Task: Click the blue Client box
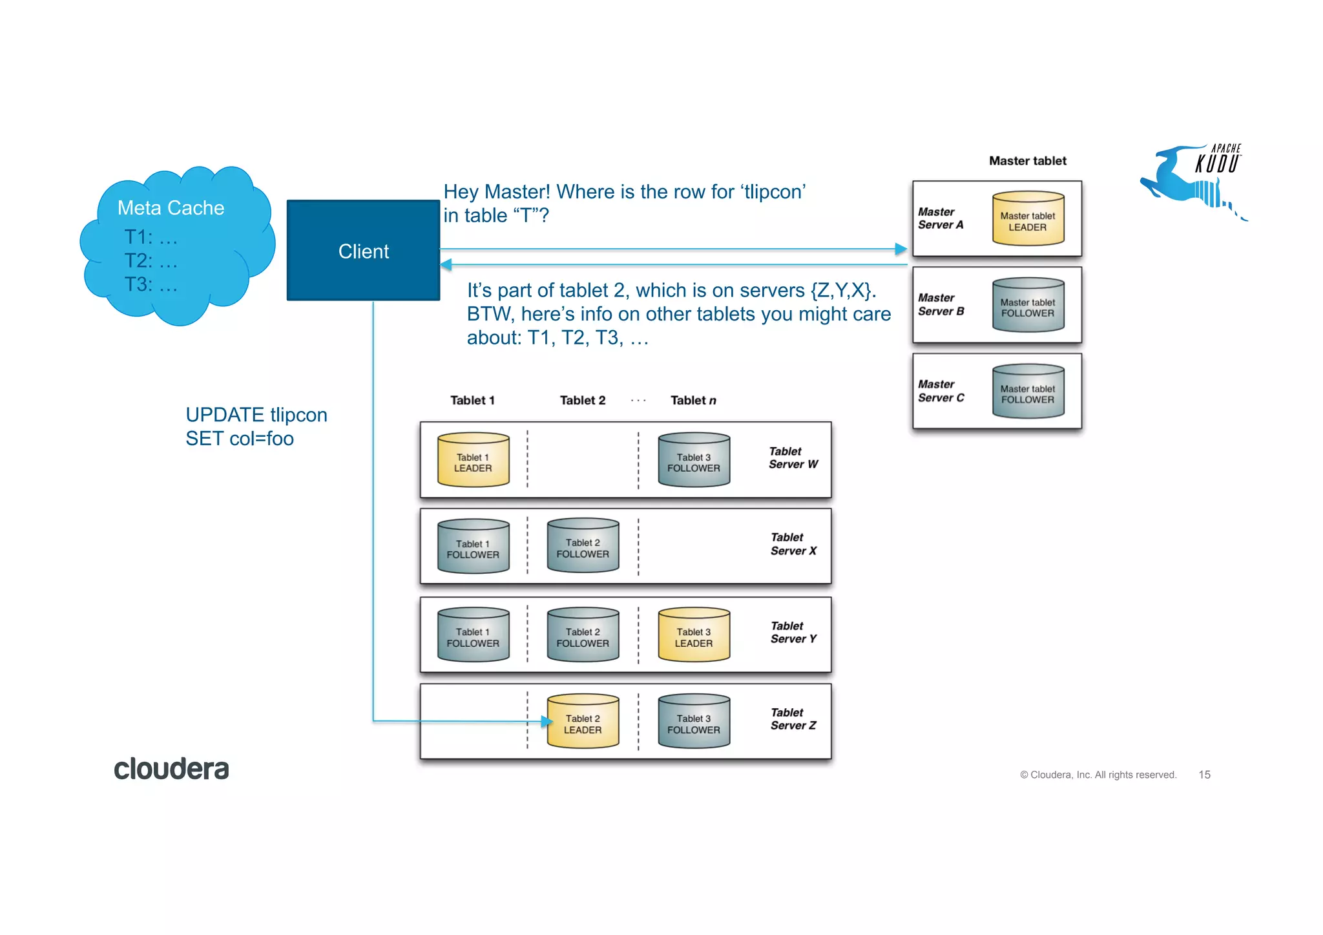tap(363, 251)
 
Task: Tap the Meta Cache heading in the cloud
tap(171, 207)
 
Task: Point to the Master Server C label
tap(941, 391)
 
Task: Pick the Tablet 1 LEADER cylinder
tap(473, 460)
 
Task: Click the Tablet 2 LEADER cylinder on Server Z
tap(583, 722)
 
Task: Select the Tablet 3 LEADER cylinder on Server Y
tap(693, 635)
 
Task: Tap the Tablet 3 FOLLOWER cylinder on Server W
tap(693, 460)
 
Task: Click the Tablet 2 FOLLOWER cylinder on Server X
tap(583, 547)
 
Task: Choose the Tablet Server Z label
tap(793, 719)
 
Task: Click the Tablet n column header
tap(693, 400)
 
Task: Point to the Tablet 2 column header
tap(582, 400)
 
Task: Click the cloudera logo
tap(171, 769)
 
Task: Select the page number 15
tap(1204, 774)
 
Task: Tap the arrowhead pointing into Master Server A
tap(901, 249)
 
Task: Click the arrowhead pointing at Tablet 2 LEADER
tap(547, 721)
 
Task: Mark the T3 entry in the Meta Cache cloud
tap(150, 284)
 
